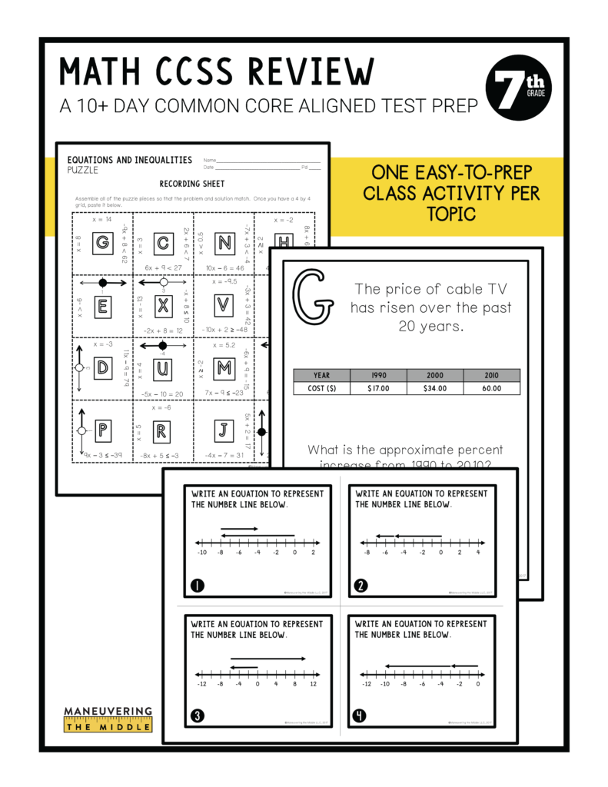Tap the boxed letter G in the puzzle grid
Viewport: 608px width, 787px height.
(x=101, y=244)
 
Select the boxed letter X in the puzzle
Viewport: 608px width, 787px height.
(x=162, y=305)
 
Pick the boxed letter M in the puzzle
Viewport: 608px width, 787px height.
(x=224, y=368)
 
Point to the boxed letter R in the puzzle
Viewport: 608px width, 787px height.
(x=162, y=431)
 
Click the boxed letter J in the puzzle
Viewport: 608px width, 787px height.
(x=224, y=431)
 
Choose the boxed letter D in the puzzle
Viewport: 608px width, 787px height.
(x=101, y=368)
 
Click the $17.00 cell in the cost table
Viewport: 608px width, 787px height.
(x=378, y=388)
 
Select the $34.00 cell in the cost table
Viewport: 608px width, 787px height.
(x=435, y=388)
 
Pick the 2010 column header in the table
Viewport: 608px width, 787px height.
(x=491, y=375)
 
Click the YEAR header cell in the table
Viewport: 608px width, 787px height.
(x=321, y=375)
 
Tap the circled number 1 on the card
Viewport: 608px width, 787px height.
(x=197, y=586)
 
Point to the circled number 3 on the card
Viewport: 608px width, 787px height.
(x=197, y=716)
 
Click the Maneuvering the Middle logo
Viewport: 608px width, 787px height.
(x=108, y=719)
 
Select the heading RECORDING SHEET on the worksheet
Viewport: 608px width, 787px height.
(x=192, y=184)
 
